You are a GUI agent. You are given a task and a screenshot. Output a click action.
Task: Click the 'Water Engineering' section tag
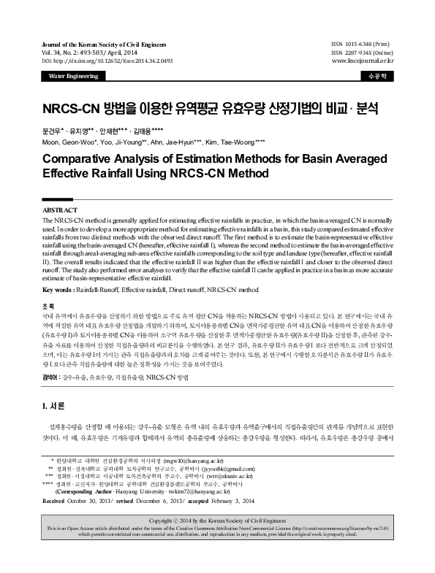coord(72,76)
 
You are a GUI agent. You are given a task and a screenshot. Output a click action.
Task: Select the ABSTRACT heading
coord(62,210)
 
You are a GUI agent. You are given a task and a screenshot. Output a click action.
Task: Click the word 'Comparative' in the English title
coord(85,158)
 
